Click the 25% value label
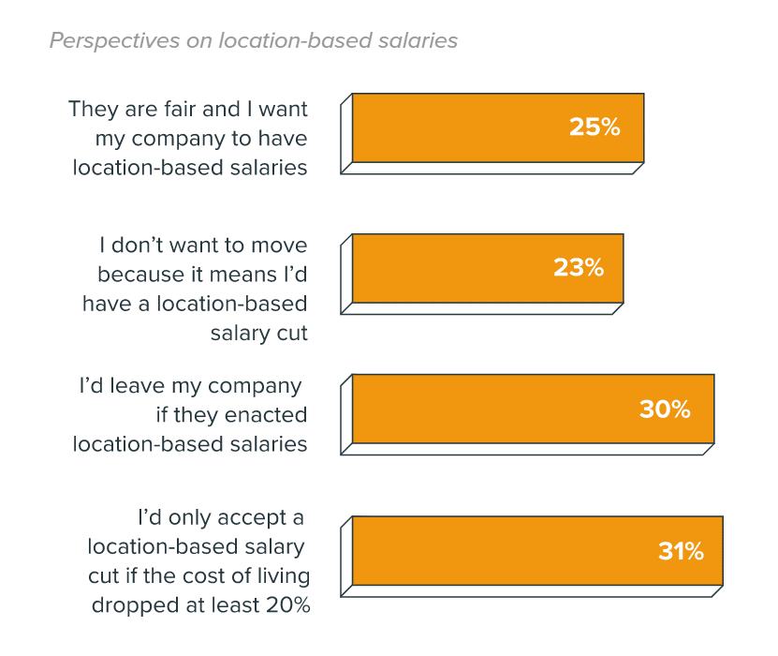pyautogui.click(x=595, y=127)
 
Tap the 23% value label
pyautogui.click(x=578, y=268)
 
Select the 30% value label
pyautogui.click(x=665, y=409)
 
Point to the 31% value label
pyautogui.click(x=681, y=551)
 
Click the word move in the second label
pyautogui.click(x=280, y=246)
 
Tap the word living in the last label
pyautogui.click(x=282, y=575)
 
